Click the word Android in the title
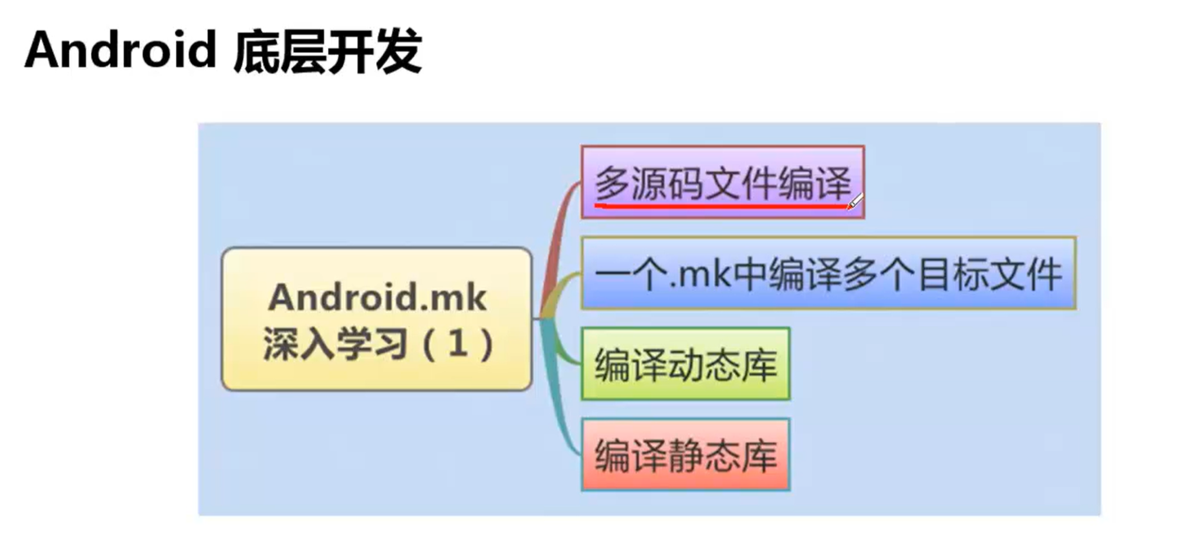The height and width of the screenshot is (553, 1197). point(120,50)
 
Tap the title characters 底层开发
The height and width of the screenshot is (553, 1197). point(327,52)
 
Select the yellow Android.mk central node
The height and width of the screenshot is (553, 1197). point(377,319)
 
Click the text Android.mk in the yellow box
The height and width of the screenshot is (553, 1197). point(377,298)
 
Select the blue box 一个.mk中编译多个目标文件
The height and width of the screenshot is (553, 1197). point(828,273)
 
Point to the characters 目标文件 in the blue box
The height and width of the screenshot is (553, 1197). point(990,274)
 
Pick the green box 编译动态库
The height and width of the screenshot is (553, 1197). point(685,364)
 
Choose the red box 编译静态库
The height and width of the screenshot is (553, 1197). point(685,455)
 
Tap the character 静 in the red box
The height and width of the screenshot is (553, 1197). point(685,456)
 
